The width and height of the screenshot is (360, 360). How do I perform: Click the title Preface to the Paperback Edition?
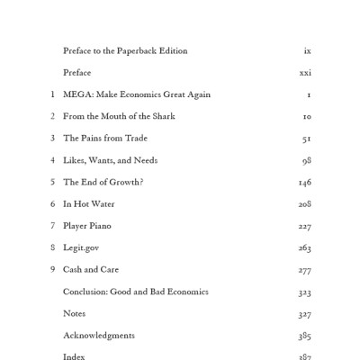tap(125, 51)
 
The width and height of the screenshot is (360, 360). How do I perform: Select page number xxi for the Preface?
tap(305, 73)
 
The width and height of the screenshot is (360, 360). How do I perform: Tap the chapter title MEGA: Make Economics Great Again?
tap(137, 94)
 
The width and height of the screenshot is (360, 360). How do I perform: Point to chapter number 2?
tap(53, 116)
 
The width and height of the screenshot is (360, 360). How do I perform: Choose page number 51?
tap(307, 139)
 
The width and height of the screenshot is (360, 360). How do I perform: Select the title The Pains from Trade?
tap(105, 139)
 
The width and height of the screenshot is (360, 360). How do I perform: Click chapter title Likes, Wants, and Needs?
tap(110, 160)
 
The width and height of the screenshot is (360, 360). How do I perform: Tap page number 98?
tap(307, 160)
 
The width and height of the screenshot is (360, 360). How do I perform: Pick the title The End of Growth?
tap(103, 182)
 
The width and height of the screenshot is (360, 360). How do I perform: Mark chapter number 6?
tap(53, 204)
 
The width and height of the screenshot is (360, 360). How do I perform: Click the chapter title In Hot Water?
tap(89, 204)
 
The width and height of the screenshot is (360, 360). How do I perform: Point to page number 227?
tap(305, 226)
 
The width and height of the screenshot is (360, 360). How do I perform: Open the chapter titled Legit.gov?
tap(81, 247)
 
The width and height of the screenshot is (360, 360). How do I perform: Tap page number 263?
tap(305, 247)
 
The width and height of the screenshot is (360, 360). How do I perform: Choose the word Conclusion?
tap(87, 292)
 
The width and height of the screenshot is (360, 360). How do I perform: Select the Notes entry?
tap(75, 313)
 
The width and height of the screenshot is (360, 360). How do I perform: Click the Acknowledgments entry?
tap(99, 336)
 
